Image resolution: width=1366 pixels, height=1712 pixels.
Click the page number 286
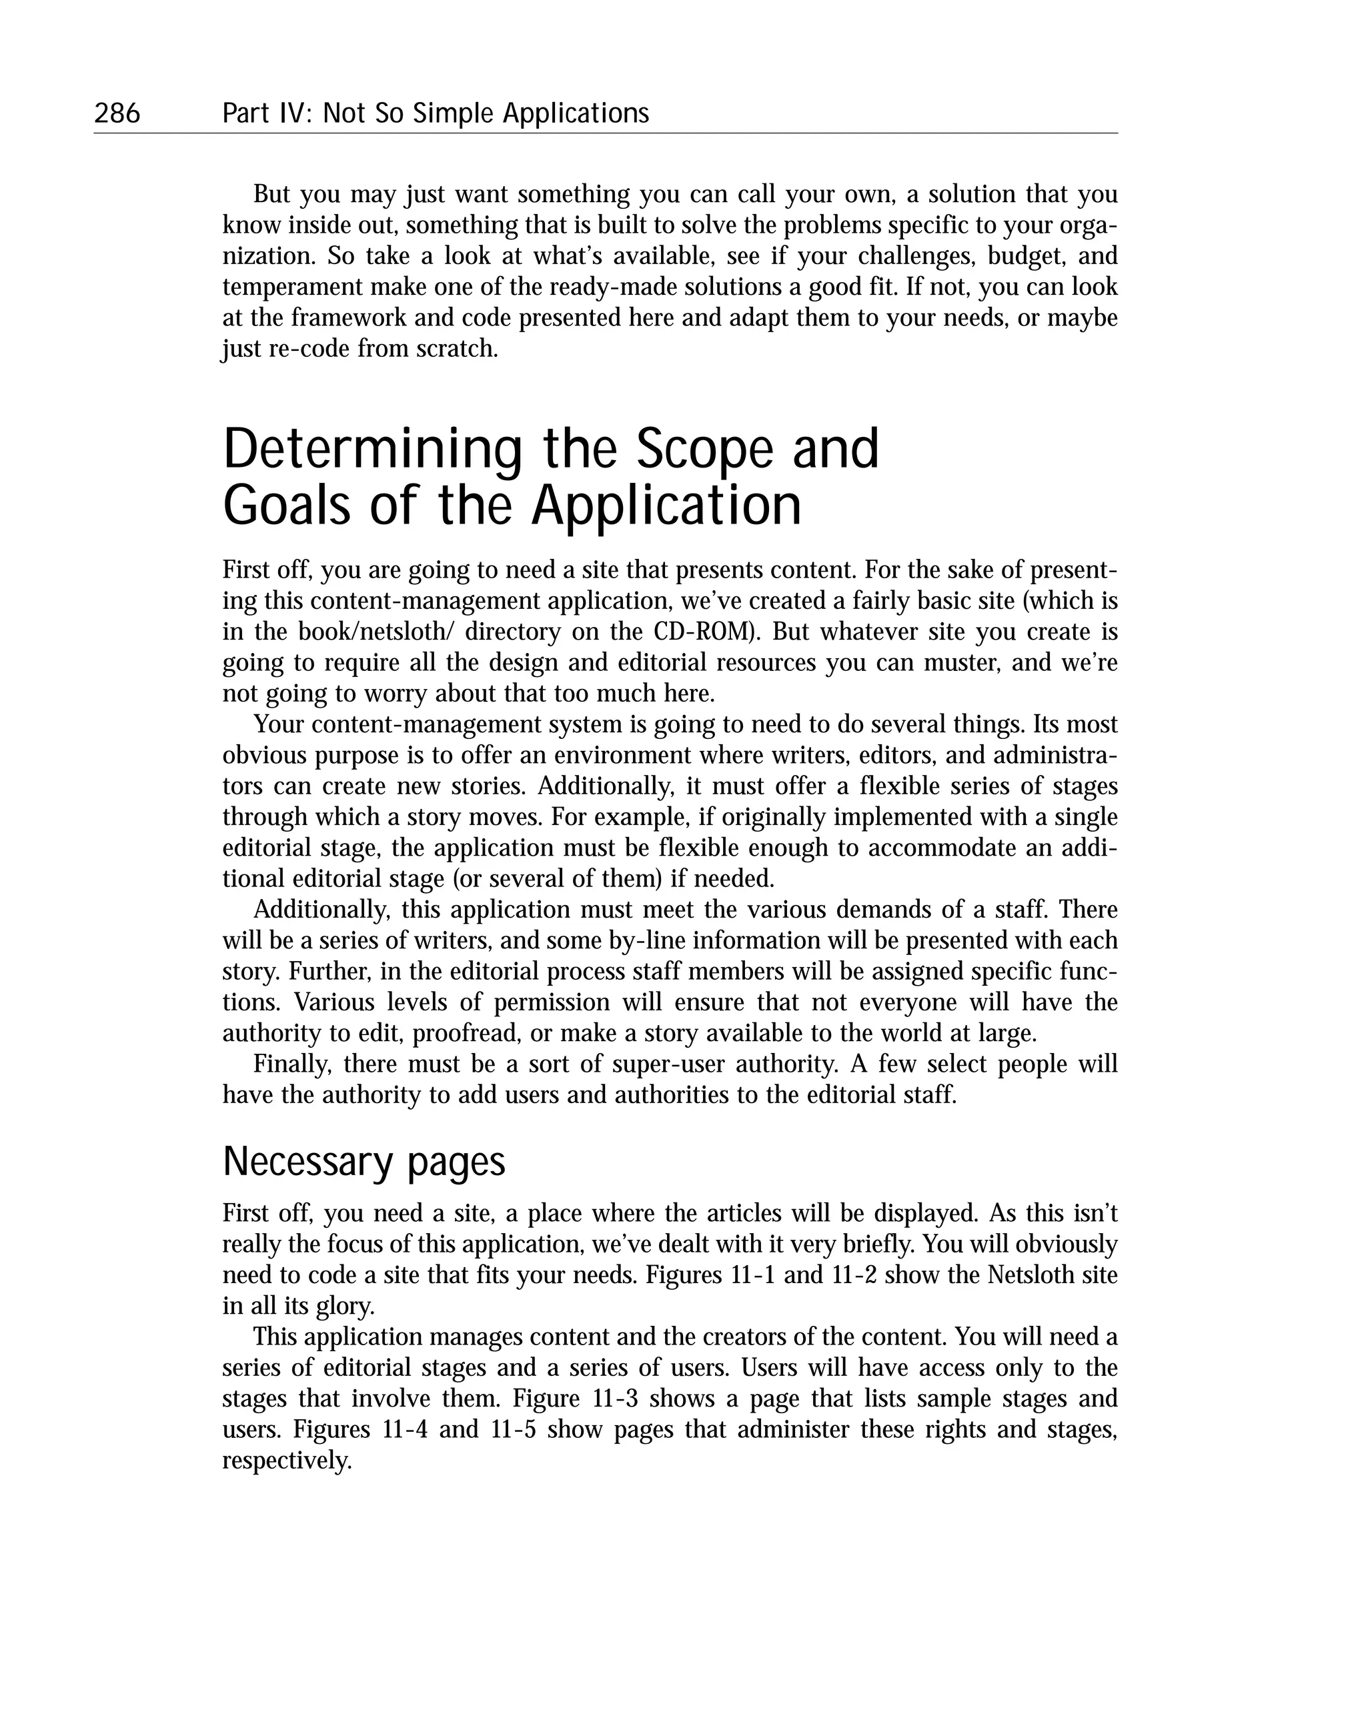[117, 113]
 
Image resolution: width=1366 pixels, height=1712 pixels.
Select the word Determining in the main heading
[372, 450]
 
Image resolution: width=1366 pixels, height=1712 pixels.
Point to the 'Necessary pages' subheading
[364, 1162]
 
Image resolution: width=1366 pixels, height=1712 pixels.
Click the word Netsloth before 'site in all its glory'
[1029, 1275]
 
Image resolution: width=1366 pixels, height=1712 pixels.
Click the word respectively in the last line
[286, 1461]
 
